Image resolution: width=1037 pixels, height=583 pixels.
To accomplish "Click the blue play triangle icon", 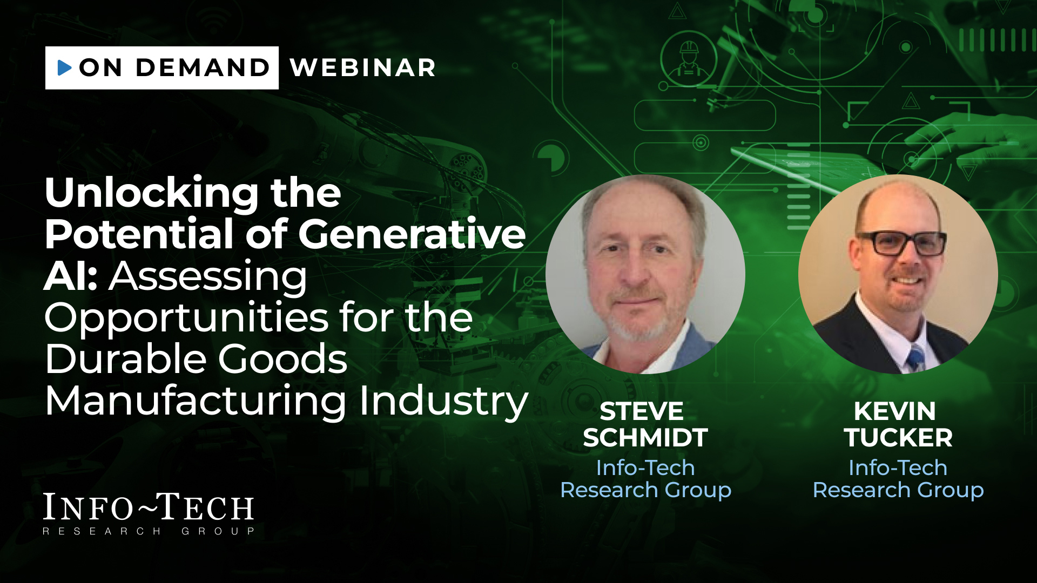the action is [64, 67].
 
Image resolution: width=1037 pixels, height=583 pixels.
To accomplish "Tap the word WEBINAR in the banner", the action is [363, 68].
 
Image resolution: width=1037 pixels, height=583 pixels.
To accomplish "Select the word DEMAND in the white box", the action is [203, 68].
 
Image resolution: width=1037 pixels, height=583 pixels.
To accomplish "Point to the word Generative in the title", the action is [412, 235].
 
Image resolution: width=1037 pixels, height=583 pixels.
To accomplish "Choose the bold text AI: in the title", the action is [71, 276].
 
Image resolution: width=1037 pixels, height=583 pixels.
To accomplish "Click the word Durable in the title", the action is [126, 359].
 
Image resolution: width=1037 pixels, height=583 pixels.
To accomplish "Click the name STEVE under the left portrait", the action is [642, 411].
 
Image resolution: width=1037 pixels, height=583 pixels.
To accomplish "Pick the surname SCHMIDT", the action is [645, 438].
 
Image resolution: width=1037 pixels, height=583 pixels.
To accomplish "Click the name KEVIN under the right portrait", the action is [895, 411].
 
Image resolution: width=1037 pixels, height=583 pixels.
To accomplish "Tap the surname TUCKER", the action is [898, 438].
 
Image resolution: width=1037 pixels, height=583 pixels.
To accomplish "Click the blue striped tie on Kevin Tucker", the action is [916, 358].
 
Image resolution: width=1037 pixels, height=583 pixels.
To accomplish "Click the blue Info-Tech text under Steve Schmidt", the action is [645, 467].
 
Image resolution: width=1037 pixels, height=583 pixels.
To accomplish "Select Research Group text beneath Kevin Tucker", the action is [898, 490].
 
